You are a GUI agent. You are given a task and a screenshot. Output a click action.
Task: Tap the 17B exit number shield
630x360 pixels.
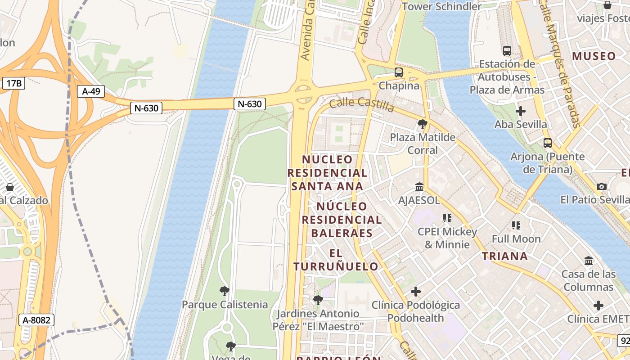14,83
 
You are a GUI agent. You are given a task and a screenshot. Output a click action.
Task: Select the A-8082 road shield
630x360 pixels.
36,320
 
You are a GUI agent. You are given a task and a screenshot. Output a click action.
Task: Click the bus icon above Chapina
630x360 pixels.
399,72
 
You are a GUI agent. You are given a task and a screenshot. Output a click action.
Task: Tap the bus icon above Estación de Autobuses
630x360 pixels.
507,51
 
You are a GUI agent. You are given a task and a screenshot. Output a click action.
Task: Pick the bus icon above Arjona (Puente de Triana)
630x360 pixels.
547,143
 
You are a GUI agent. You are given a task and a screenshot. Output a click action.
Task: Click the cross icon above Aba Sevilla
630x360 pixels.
521,111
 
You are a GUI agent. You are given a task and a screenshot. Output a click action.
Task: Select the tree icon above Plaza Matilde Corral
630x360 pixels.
422,124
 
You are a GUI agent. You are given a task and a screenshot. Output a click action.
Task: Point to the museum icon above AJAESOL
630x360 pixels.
419,186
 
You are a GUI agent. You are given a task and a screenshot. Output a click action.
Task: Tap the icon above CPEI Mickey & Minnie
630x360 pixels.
447,218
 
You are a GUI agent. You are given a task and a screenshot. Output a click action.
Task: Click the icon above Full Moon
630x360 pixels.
516,225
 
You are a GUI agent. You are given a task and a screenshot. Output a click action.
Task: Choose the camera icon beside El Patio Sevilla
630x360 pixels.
601,186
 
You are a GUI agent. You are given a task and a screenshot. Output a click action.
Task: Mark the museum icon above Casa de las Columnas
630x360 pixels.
588,261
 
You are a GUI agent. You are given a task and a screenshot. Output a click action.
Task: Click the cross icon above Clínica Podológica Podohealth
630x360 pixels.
416,292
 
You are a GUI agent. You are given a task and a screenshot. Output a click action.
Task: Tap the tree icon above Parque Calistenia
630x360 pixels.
225,291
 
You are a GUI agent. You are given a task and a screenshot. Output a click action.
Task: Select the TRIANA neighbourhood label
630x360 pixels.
504,256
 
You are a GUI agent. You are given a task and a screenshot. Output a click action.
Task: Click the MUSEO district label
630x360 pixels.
594,56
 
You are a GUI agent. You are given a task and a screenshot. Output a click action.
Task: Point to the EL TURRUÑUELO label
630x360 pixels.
336,260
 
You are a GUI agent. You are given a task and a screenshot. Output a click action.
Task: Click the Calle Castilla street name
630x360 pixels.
362,104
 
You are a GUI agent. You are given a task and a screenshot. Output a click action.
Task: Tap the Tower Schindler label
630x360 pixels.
441,6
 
